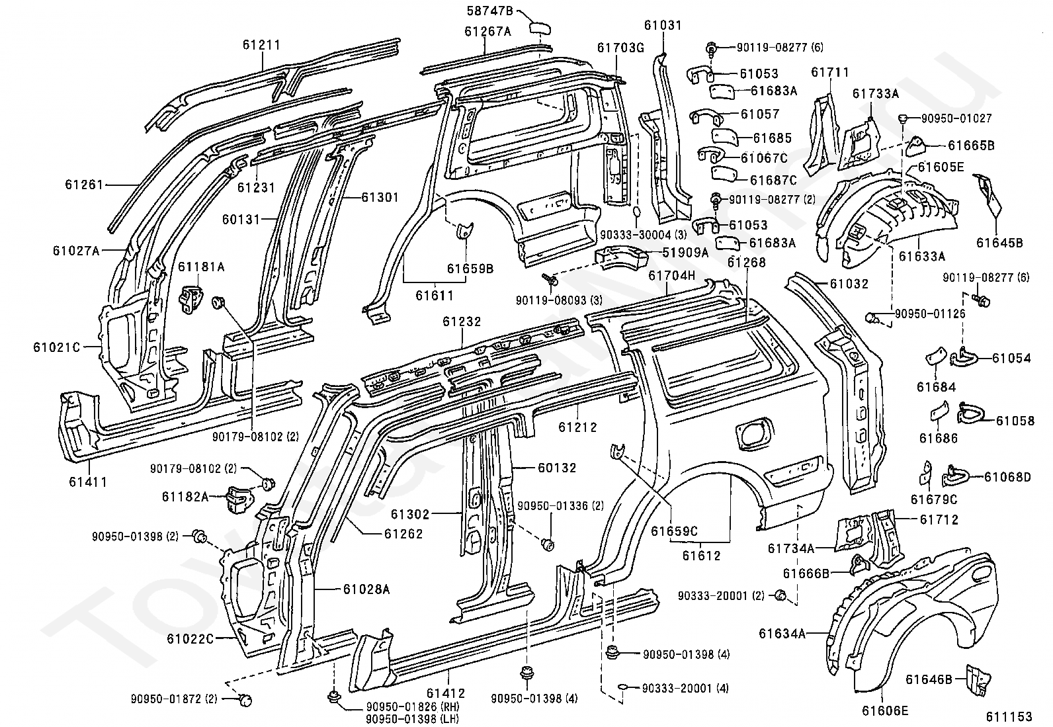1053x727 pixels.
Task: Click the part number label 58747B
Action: [489, 11]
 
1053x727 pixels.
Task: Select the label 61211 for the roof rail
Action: [262, 45]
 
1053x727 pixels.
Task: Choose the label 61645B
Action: [999, 243]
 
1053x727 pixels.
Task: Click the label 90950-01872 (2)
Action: [174, 699]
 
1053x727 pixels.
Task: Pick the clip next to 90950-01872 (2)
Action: [245, 700]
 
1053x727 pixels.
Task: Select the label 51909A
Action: [685, 253]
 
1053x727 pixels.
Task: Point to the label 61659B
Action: [470, 269]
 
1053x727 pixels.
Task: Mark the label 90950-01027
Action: [956, 118]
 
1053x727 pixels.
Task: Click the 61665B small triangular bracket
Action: [915, 145]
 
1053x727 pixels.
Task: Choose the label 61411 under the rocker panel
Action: [88, 482]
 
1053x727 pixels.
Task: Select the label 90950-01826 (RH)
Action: [412, 706]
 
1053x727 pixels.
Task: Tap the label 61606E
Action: [885, 710]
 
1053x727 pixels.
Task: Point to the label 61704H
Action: [671, 275]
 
